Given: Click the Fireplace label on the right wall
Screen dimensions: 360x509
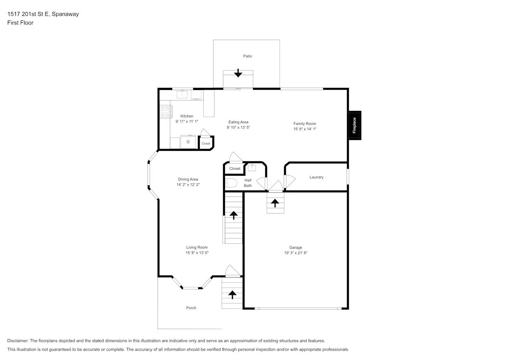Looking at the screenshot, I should point(354,125).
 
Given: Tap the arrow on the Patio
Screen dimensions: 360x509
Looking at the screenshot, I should point(238,73).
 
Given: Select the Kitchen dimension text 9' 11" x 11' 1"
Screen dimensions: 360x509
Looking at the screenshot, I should point(187,122).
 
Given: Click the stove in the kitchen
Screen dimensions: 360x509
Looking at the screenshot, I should point(165,111).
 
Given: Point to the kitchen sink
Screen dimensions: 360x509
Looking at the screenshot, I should point(182,94).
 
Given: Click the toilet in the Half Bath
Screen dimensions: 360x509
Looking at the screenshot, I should point(231,183).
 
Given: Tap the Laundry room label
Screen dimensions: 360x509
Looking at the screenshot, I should point(316,177).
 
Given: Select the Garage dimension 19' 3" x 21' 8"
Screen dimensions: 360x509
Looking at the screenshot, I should point(296,253).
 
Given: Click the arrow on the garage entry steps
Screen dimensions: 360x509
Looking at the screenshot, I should point(275,203).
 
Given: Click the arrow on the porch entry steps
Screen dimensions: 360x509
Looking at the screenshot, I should point(233,294).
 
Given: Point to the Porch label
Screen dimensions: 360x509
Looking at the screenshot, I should point(191,308).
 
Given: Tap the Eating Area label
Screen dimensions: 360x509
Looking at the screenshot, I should point(238,122).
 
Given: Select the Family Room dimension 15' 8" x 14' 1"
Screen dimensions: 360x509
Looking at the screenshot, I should point(305,129).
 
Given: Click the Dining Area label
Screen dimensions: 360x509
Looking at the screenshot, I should point(188,179).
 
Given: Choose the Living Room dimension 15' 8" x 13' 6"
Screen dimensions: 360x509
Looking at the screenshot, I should point(197,253).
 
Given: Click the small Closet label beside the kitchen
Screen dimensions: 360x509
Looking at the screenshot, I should point(206,144).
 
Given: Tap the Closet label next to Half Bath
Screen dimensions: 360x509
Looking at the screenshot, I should point(235,168).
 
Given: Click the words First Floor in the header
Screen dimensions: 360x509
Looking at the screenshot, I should point(20,23).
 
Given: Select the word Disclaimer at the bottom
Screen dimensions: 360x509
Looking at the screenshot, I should point(18,341).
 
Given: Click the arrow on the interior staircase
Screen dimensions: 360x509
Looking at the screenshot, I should point(234,215).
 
